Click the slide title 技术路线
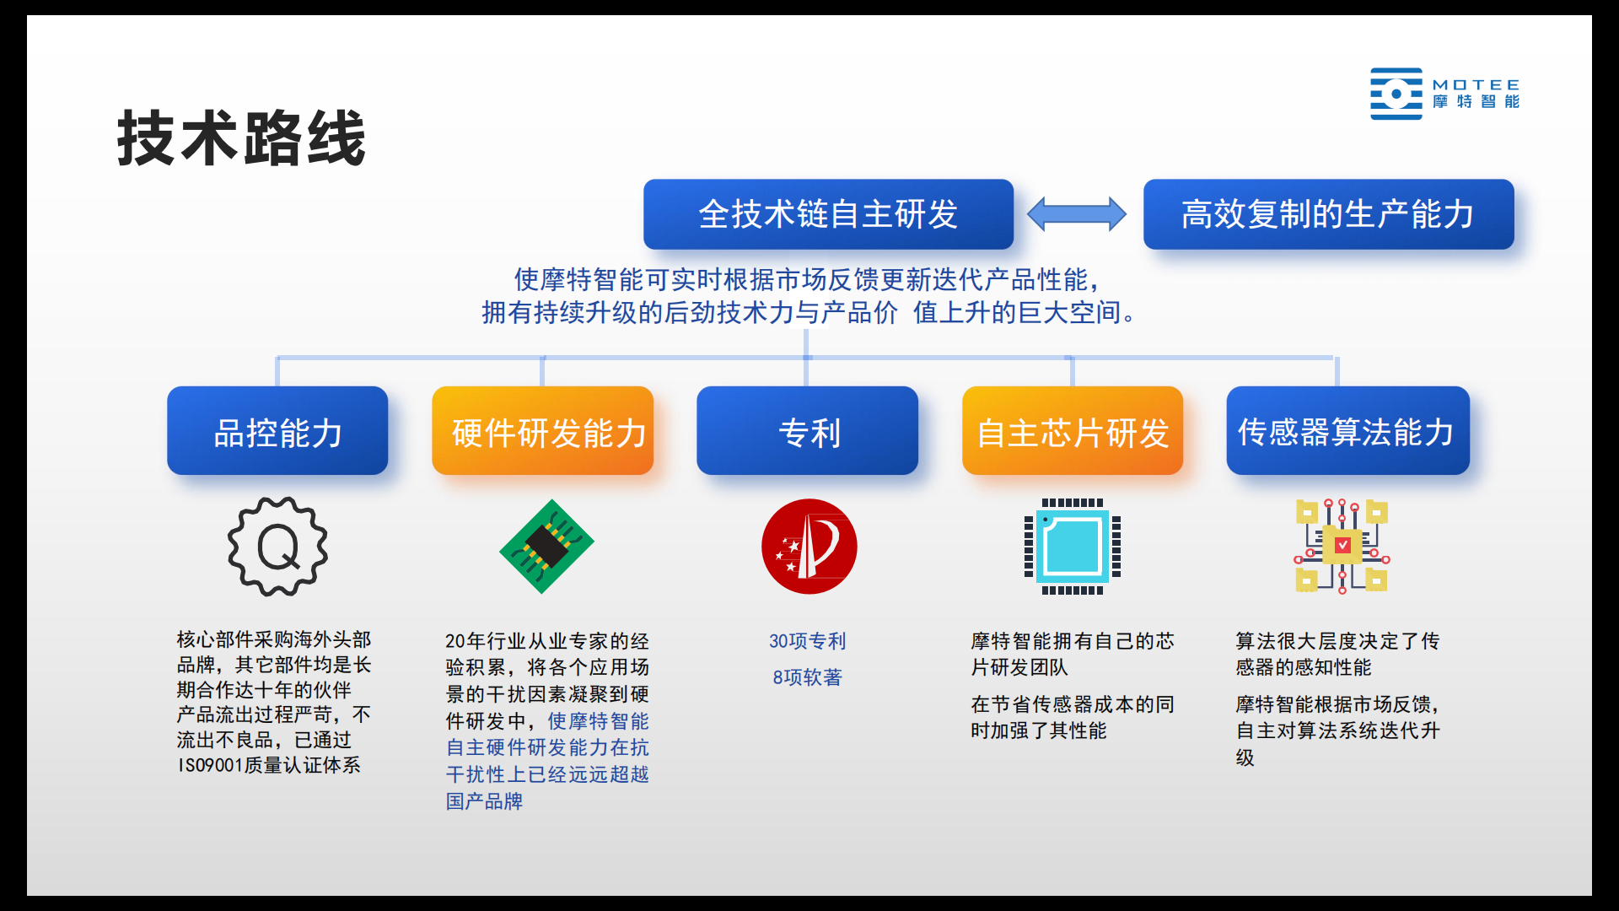[x=241, y=138]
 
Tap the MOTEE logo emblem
[x=1396, y=94]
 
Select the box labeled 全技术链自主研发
[x=828, y=214]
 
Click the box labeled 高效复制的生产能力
[x=1328, y=214]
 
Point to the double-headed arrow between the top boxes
[x=1077, y=214]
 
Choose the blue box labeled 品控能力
[x=277, y=431]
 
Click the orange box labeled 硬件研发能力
[x=543, y=431]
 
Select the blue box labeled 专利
[x=807, y=431]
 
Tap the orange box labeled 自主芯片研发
[x=1073, y=431]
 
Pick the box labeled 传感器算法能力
[x=1347, y=431]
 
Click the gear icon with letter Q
[x=277, y=547]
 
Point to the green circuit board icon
[x=546, y=547]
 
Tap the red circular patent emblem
[x=809, y=547]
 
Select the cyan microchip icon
[x=1073, y=547]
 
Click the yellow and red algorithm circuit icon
[x=1342, y=547]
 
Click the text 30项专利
[x=807, y=641]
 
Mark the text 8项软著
[x=807, y=677]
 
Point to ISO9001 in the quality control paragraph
[x=211, y=766]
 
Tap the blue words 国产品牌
[x=484, y=801]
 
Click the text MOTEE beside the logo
[x=1476, y=85]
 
